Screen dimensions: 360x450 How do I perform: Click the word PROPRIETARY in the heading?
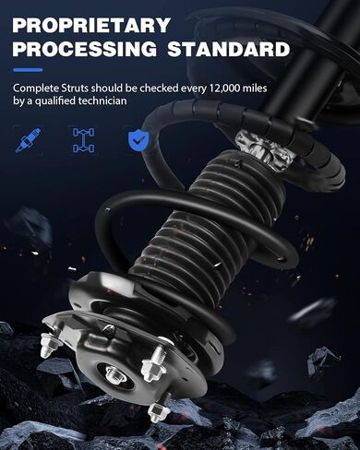tap(91, 25)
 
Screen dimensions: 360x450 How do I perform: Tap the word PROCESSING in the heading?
tap(85, 49)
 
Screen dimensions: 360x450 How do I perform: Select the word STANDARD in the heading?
tap(228, 49)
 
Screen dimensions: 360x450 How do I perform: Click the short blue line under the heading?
tap(28, 70)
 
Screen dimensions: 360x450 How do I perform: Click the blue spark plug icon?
tap(28, 140)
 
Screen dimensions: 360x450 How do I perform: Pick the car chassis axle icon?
tap(84, 140)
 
